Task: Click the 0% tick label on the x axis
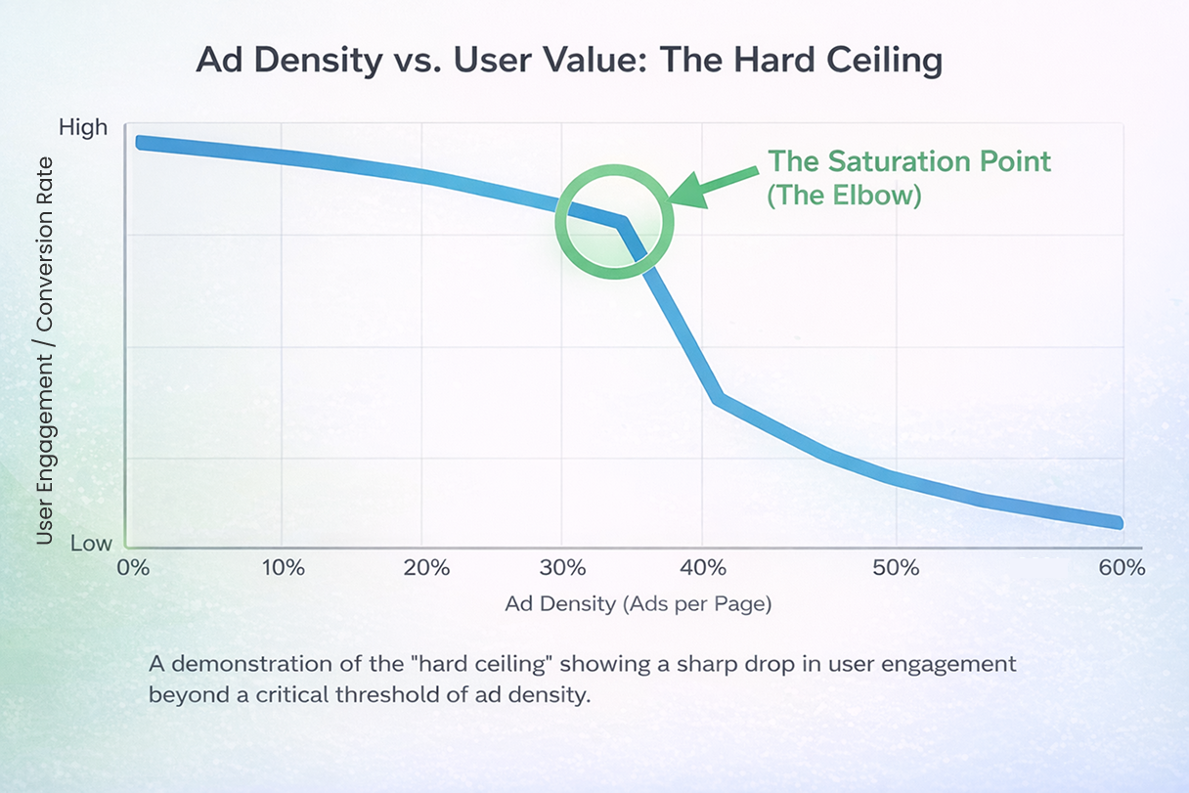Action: point(131,568)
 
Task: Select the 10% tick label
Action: point(284,568)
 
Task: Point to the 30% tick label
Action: point(564,568)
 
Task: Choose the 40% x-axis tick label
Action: point(704,568)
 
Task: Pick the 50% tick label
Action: point(897,568)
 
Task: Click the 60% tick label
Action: point(1121,568)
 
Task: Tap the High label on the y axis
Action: point(83,127)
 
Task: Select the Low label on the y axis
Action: point(91,544)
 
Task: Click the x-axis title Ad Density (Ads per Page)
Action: point(638,604)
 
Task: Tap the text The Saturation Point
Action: point(908,160)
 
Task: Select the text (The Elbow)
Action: point(844,195)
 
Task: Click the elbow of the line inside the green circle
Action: point(621,223)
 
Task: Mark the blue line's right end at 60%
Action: point(1118,523)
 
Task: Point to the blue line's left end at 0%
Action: point(140,143)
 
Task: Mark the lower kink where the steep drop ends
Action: point(719,398)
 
